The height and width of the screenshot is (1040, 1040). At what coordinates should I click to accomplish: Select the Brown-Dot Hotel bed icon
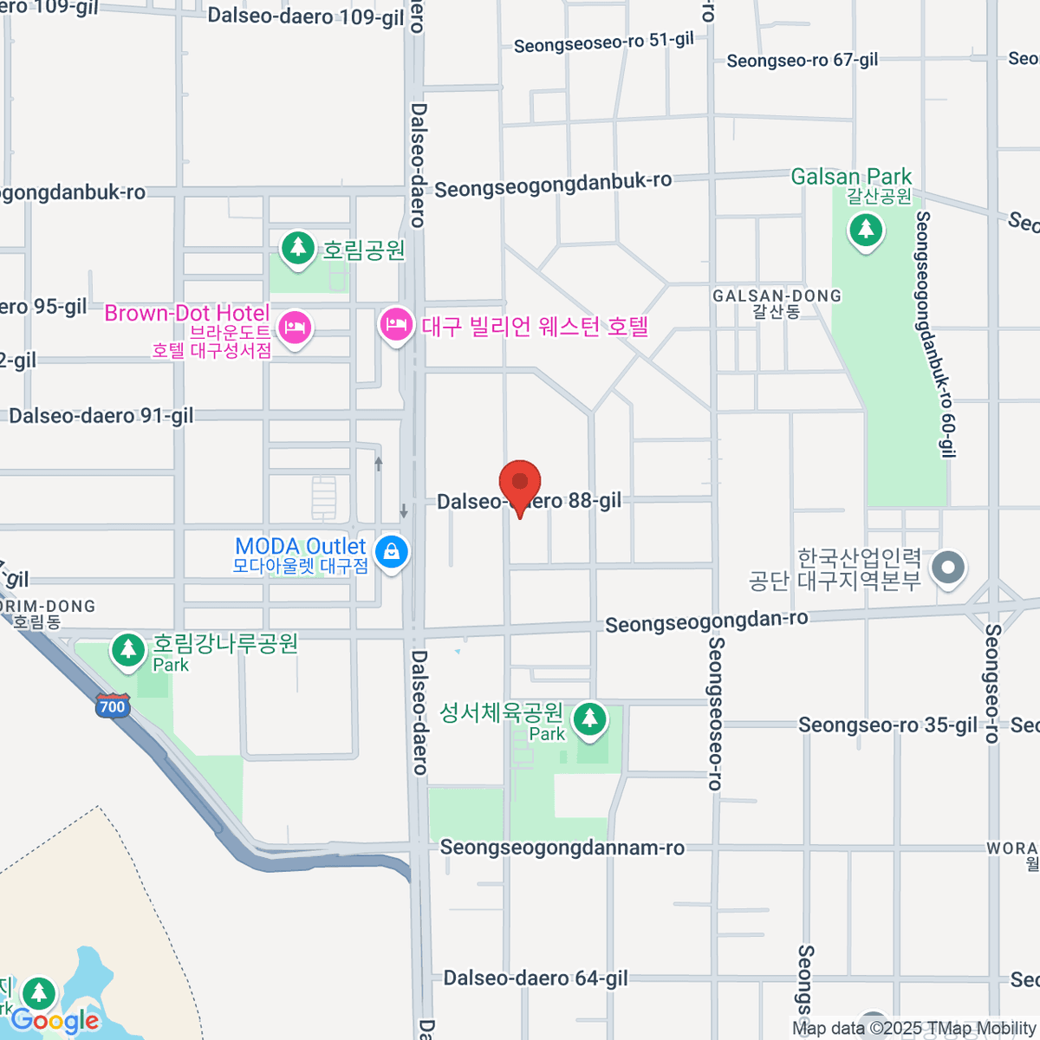(296, 328)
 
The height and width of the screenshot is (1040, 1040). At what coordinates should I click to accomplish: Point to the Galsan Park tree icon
(866, 231)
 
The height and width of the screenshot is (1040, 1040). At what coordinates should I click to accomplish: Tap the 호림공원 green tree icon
(298, 248)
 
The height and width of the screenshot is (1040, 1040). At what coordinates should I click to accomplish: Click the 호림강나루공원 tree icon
(129, 649)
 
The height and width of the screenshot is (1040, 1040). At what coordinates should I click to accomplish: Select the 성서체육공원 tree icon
(590, 718)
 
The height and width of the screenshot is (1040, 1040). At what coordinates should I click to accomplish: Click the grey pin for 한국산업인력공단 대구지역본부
(947, 569)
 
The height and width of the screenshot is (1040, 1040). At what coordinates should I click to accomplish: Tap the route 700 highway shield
(113, 705)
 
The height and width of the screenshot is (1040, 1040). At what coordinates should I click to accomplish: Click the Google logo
(55, 1021)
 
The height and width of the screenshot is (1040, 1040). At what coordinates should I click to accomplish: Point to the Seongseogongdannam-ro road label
(562, 848)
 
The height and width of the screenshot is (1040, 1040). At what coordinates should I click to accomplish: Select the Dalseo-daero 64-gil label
(536, 978)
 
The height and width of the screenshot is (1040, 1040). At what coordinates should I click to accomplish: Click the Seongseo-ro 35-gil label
(887, 725)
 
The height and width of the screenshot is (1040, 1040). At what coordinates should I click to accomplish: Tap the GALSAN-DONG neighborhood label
(777, 296)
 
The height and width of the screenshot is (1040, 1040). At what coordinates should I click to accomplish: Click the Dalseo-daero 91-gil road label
(101, 416)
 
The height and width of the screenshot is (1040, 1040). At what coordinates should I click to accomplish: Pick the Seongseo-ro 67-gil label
(802, 61)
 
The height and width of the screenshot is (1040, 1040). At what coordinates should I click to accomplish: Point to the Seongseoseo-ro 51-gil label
(604, 42)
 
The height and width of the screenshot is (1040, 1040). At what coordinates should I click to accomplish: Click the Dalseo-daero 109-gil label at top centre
(306, 16)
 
